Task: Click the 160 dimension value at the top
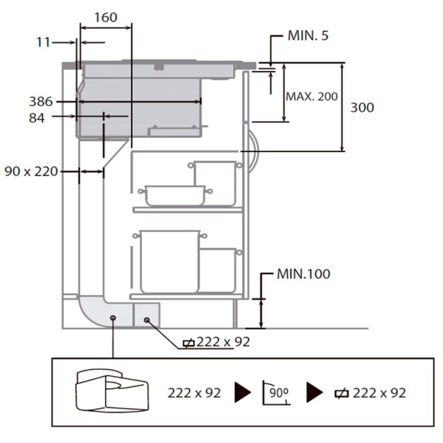click(106, 18)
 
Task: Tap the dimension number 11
click(43, 43)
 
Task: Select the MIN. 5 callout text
click(308, 35)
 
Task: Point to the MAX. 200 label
click(312, 96)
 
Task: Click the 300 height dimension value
click(362, 107)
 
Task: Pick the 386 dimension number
click(41, 101)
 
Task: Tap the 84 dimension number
click(37, 118)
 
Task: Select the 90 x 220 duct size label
click(31, 172)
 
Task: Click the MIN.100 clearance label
click(303, 274)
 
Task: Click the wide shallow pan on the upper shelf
click(175, 195)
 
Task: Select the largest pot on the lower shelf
click(169, 261)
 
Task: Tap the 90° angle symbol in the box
click(276, 393)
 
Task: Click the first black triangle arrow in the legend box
click(243, 393)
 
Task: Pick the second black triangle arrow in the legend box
click(315, 393)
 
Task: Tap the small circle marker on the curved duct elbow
click(113, 318)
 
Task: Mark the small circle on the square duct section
click(147, 320)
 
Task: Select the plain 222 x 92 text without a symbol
click(194, 393)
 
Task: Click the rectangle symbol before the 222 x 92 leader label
click(188, 343)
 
